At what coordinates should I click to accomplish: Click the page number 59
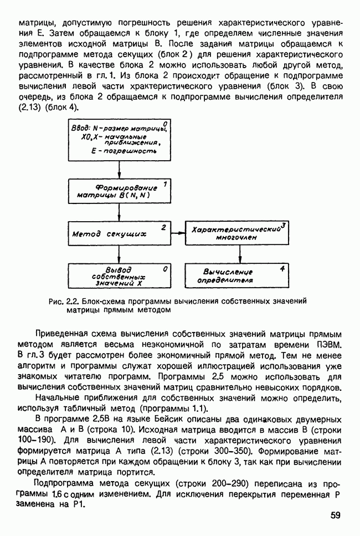coord(336,515)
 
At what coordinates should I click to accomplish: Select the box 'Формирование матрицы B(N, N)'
coord(119,191)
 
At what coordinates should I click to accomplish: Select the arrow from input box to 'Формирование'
coord(119,171)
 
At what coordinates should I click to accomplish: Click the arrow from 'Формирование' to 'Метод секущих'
coord(119,212)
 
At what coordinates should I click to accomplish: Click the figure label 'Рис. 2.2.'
coord(64,301)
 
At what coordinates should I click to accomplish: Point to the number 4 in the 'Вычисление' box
coord(282,268)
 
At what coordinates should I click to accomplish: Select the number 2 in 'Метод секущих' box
coord(163,227)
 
